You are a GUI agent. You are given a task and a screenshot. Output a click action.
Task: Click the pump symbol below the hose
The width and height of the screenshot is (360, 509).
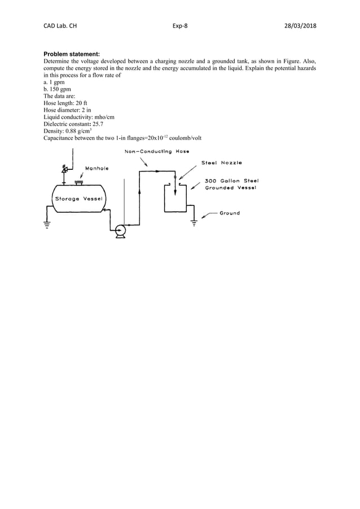click(120, 230)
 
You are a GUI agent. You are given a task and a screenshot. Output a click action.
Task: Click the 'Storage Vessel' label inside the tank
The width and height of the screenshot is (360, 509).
click(78, 199)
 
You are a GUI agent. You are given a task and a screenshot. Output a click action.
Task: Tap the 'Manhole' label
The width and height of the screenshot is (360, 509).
click(96, 168)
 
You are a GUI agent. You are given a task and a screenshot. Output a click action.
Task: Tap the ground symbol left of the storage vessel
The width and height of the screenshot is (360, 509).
click(47, 225)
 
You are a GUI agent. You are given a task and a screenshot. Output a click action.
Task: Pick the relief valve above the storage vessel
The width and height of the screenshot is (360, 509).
click(64, 169)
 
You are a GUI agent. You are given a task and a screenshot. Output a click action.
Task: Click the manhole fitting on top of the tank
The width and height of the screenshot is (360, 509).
click(79, 182)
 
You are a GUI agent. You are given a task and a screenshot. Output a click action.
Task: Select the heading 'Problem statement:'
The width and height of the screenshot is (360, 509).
click(67, 54)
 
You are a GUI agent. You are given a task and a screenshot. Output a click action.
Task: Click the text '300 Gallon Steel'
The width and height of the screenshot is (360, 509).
click(231, 181)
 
